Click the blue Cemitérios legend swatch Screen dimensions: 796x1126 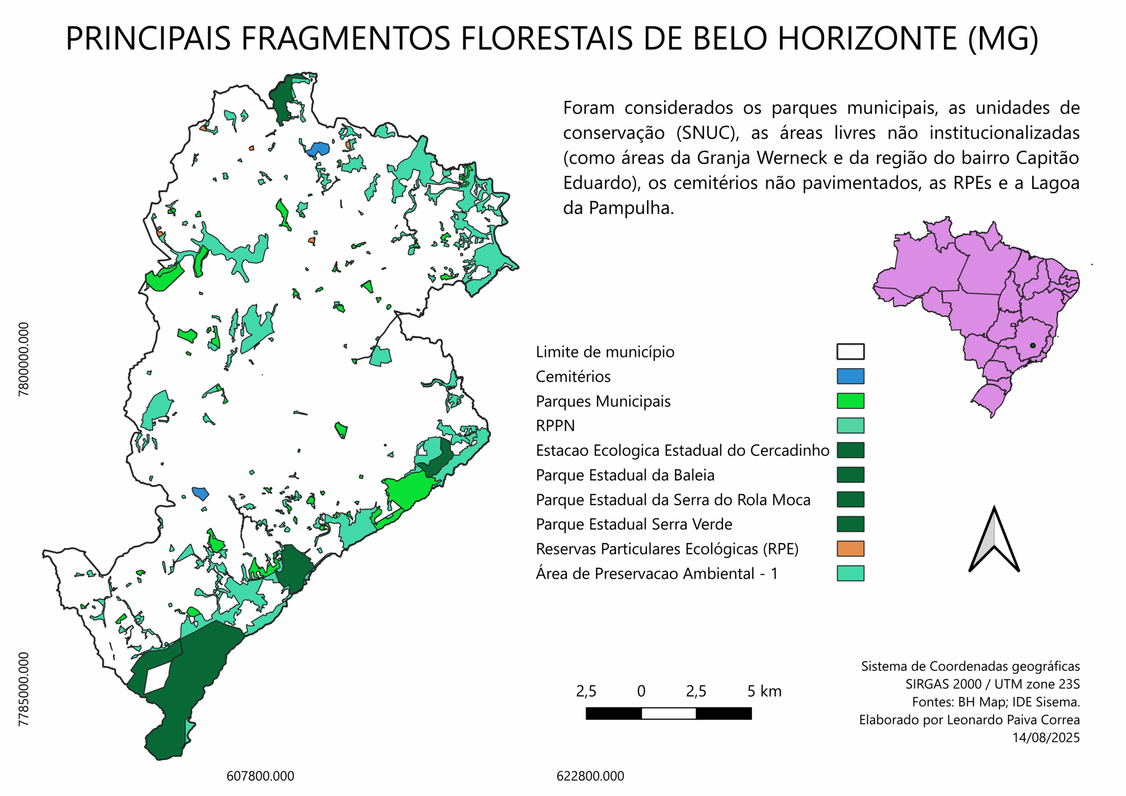pyautogui.click(x=850, y=376)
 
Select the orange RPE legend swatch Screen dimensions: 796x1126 pyautogui.click(x=850, y=548)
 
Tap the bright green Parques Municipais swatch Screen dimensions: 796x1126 pyautogui.click(x=850, y=401)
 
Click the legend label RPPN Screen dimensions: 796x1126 pyautogui.click(x=555, y=425)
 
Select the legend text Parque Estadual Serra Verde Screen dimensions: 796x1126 pyautogui.click(x=634, y=524)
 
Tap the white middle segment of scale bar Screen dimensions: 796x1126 pyautogui.click(x=669, y=714)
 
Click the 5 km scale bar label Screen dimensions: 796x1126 pyautogui.click(x=764, y=691)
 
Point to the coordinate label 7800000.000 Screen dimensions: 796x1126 pyautogui.click(x=24, y=359)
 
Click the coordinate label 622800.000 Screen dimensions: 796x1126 pyautogui.click(x=590, y=776)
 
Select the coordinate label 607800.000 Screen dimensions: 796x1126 pyautogui.click(x=260, y=776)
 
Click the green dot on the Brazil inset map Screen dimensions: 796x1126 pyautogui.click(x=1032, y=345)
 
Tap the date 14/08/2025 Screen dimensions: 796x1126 pyautogui.click(x=1046, y=738)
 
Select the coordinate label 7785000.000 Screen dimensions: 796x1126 pyautogui.click(x=24, y=689)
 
